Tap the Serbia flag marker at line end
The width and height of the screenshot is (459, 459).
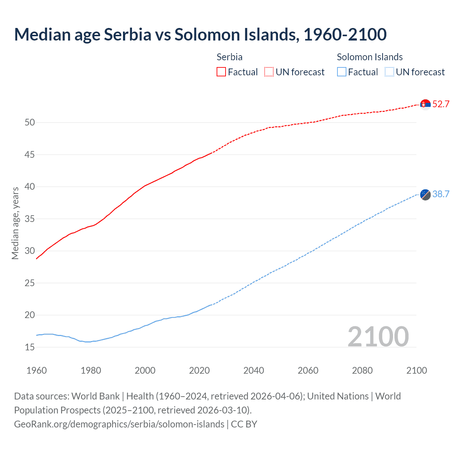pyautogui.click(x=425, y=104)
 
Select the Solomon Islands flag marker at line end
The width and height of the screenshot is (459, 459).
pyautogui.click(x=425, y=194)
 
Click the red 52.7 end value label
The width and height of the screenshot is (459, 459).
pyautogui.click(x=441, y=104)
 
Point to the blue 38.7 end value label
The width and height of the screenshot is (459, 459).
pyautogui.click(x=441, y=194)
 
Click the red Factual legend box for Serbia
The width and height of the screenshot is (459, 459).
pyautogui.click(x=221, y=72)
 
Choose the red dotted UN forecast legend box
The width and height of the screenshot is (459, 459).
pyautogui.click(x=269, y=72)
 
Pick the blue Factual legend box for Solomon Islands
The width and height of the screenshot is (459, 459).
pyautogui.click(x=342, y=72)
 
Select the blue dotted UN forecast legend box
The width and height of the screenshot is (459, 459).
pyautogui.click(x=389, y=72)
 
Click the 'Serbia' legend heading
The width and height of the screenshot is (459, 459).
pyautogui.click(x=229, y=57)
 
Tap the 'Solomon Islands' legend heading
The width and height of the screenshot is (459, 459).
pyautogui.click(x=369, y=57)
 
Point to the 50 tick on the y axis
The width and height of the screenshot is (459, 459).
pyautogui.click(x=30, y=123)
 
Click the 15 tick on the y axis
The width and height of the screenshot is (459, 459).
pyautogui.click(x=30, y=347)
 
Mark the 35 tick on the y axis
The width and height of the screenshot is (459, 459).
pyautogui.click(x=30, y=219)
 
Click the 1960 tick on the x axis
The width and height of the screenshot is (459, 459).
pyautogui.click(x=37, y=370)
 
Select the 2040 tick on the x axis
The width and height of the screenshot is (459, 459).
pyautogui.click(x=254, y=370)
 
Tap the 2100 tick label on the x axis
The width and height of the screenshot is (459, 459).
pyautogui.click(x=416, y=370)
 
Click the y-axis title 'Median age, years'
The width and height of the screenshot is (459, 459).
pyautogui.click(x=15, y=223)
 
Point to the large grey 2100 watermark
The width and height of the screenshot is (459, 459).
pyautogui.click(x=378, y=336)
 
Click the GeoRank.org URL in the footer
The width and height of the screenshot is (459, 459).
pyautogui.click(x=119, y=424)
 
